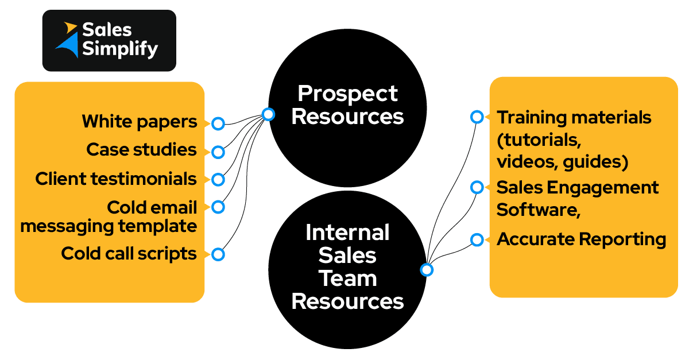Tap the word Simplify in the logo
click(x=119, y=49)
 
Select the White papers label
click(x=140, y=122)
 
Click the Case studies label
click(x=142, y=150)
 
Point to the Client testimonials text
click(x=116, y=179)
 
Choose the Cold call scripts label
click(x=129, y=254)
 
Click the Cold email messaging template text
click(x=109, y=216)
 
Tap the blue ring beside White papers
click(x=218, y=123)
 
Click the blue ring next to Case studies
click(x=218, y=152)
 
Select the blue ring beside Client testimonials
click(x=218, y=180)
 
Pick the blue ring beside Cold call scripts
click(x=218, y=254)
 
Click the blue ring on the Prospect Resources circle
click(x=268, y=114)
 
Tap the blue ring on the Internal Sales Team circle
click(x=427, y=269)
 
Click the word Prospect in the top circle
click(x=347, y=93)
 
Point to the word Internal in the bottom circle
click(x=347, y=233)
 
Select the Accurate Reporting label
click(x=581, y=239)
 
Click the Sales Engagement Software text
click(x=577, y=199)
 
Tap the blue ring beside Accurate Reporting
click(x=477, y=240)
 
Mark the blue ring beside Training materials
click(x=477, y=117)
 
